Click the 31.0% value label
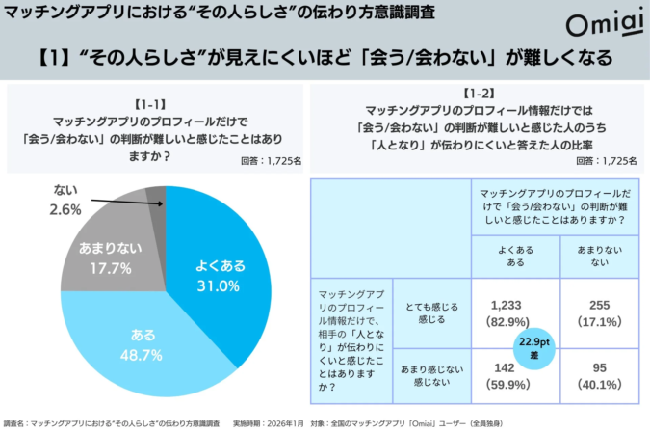(x=217, y=286)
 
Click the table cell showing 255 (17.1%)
(x=592, y=312)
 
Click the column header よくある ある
(x=517, y=256)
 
